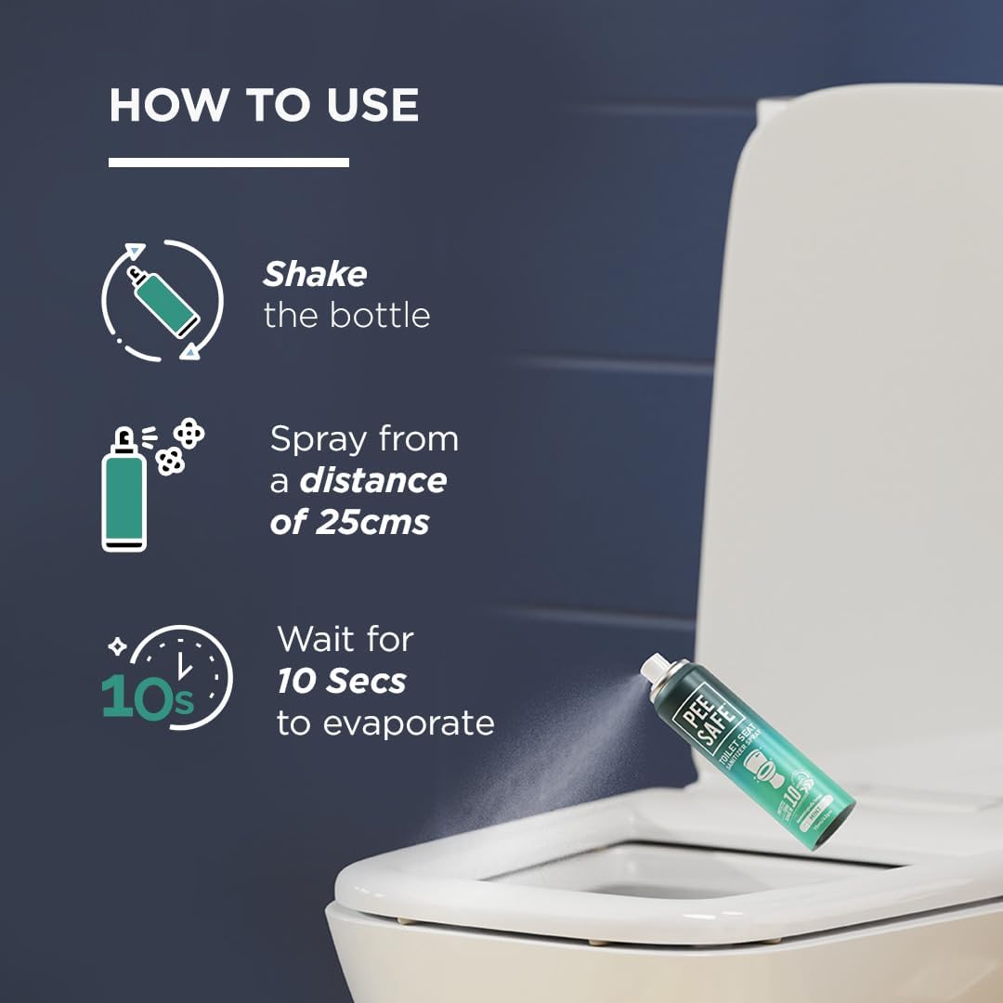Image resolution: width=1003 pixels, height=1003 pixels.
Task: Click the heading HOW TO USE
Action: (264, 105)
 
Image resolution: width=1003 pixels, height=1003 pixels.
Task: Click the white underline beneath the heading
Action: (228, 163)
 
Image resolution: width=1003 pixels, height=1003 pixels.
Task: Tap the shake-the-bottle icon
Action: (163, 299)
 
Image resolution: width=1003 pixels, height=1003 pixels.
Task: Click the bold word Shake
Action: (315, 275)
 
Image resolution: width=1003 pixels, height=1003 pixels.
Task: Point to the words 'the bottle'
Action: (346, 316)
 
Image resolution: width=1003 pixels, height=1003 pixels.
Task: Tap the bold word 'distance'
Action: (372, 481)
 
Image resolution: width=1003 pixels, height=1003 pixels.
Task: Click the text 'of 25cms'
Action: (349, 522)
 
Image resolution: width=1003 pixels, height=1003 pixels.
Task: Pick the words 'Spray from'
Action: (364, 439)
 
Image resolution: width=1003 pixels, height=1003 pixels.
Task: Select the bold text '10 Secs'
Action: (341, 682)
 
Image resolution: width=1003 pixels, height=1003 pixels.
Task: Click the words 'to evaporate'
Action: (385, 723)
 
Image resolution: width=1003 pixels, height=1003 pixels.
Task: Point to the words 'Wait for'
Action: (345, 640)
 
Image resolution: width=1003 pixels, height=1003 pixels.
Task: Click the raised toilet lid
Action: (854, 418)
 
